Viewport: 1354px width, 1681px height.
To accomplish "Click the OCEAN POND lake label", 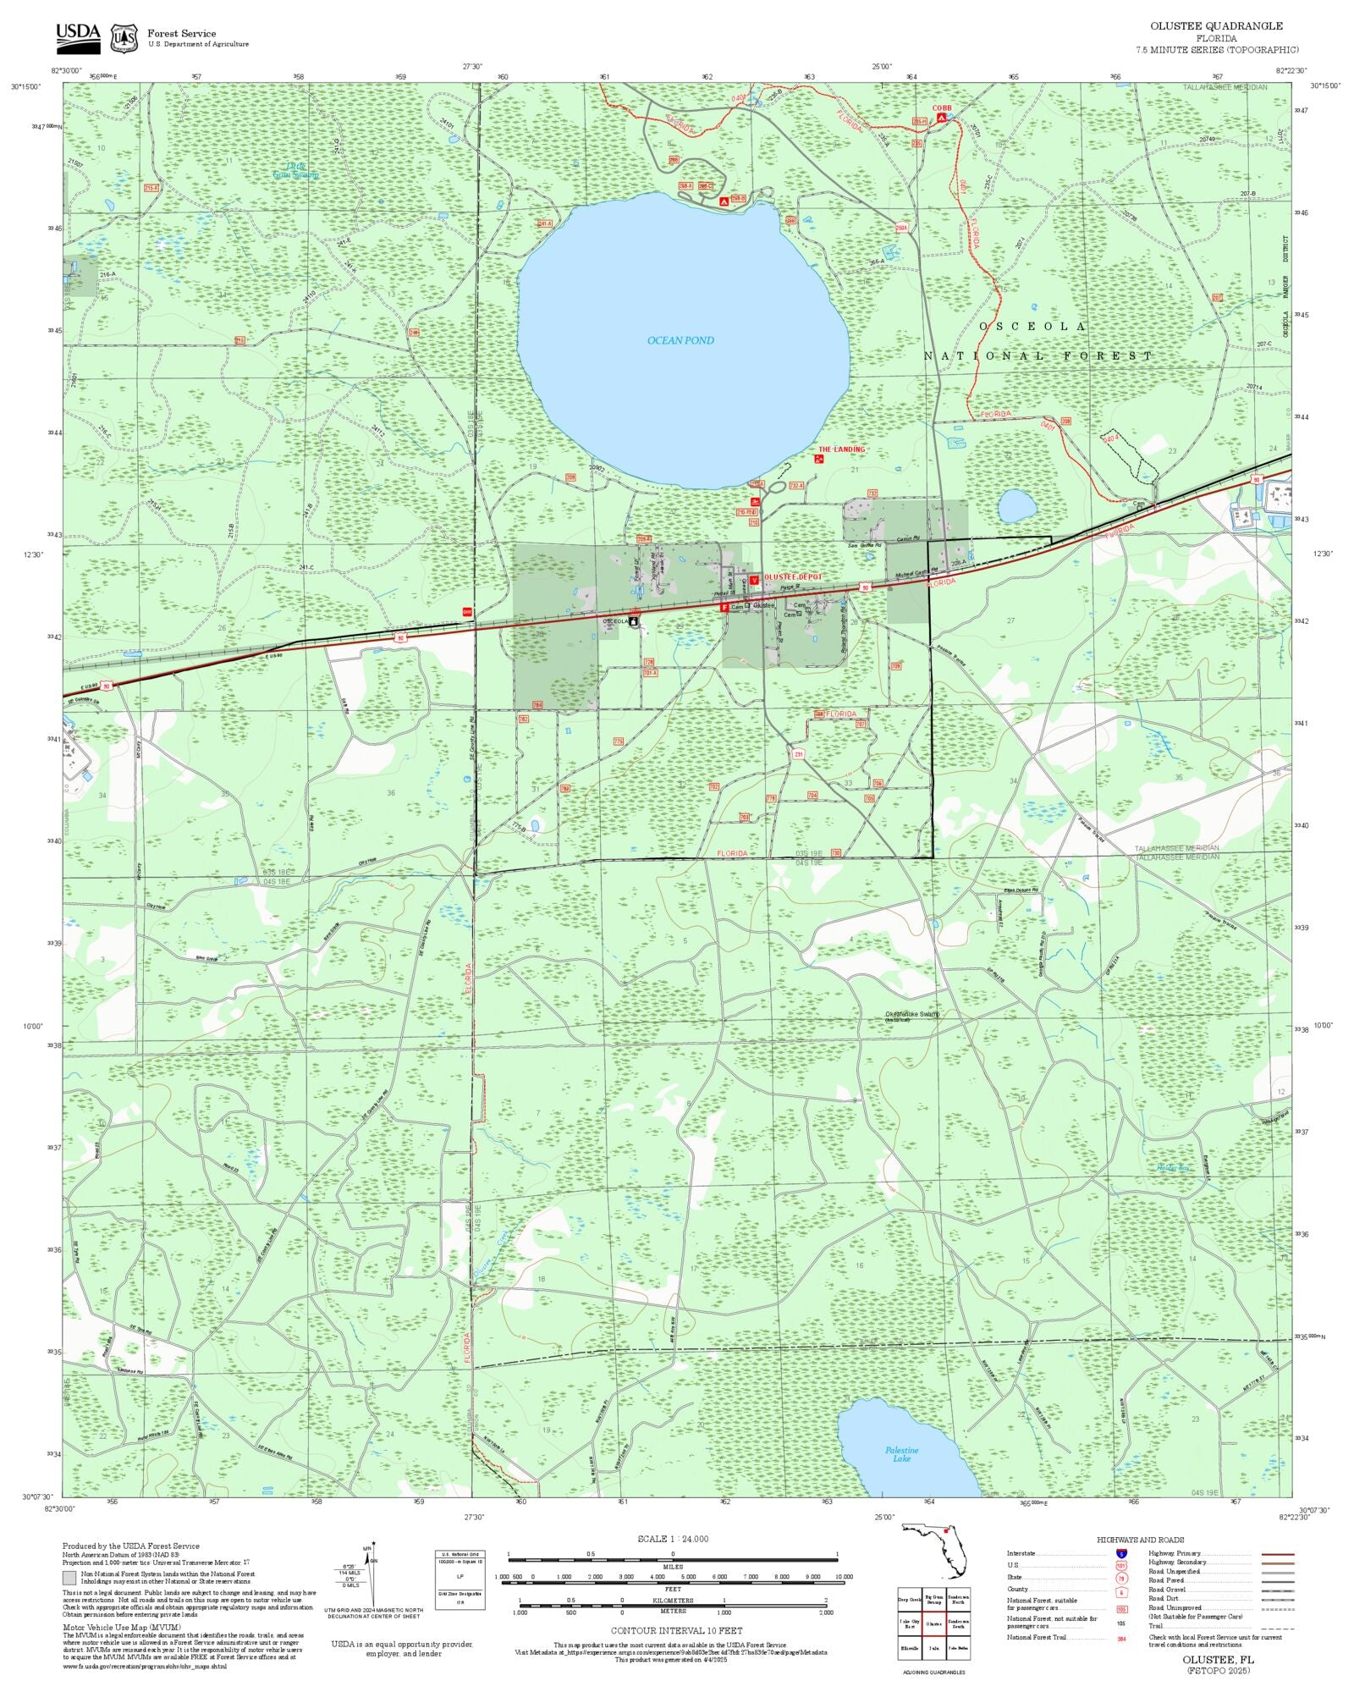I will point(680,340).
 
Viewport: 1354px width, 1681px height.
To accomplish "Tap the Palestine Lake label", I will point(901,1454).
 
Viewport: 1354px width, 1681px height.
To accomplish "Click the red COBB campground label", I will point(942,108).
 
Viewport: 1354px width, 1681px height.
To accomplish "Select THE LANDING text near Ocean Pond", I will point(841,449).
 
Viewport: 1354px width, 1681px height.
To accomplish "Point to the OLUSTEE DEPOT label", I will point(792,576).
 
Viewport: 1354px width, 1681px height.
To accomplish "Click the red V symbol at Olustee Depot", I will point(754,580).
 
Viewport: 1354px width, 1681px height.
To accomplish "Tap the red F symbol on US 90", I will point(724,607).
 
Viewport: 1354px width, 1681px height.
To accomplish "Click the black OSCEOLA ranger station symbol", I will point(634,621).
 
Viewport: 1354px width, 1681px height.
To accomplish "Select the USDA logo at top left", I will point(78,35).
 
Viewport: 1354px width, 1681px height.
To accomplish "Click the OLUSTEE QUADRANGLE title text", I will point(1216,26).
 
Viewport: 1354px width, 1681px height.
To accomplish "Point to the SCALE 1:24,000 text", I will point(673,1539).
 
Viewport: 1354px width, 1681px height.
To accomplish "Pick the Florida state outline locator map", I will point(935,1549).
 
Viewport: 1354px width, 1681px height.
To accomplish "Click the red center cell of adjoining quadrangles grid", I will point(933,1624).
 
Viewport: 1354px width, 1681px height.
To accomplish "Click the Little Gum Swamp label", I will point(295,170).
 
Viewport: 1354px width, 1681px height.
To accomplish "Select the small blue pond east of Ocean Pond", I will point(1016,506).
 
